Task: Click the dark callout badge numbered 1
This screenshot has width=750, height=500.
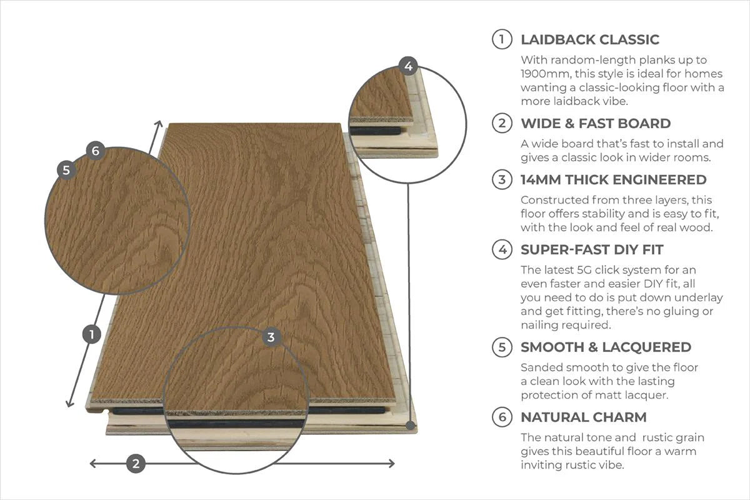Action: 92,334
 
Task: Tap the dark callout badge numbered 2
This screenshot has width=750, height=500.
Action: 136,463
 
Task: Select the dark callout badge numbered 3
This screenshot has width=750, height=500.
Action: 271,337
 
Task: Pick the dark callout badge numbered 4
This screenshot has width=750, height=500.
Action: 408,66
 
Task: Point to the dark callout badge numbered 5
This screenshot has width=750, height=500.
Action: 66,169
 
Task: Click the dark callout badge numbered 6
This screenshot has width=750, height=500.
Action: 95,151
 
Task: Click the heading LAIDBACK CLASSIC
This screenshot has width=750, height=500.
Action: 589,39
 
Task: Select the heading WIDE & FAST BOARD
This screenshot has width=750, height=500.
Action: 595,123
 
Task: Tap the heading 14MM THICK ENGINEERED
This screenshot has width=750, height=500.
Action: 613,179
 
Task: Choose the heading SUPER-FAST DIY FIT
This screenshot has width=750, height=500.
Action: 591,249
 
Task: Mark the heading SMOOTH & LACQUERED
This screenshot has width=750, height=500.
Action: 606,347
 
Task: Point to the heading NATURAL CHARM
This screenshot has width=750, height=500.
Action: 583,417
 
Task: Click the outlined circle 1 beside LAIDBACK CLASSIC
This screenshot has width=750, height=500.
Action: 502,39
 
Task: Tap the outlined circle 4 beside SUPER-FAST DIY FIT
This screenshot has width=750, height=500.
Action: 502,249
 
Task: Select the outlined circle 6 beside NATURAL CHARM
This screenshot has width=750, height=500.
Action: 502,417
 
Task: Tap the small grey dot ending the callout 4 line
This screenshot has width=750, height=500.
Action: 411,425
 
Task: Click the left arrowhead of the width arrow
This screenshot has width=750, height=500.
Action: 92,463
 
